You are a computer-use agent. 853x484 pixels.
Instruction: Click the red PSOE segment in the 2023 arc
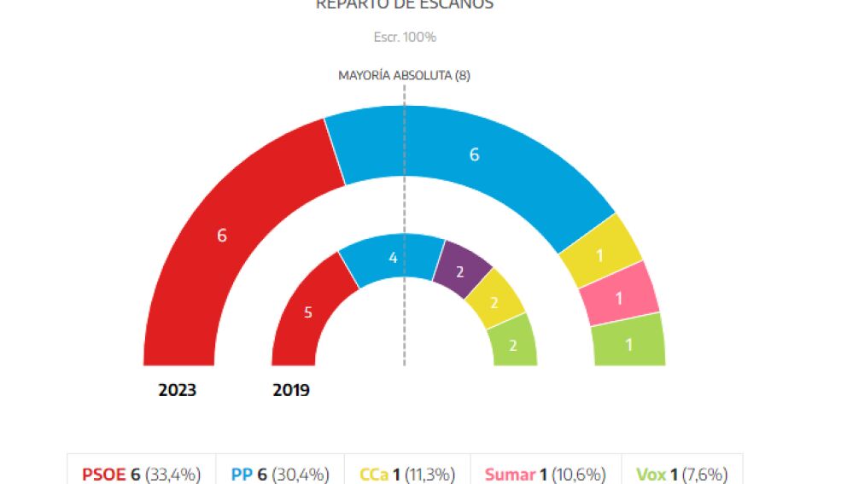pos(222,236)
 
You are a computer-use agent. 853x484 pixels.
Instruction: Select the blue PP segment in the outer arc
pos(475,155)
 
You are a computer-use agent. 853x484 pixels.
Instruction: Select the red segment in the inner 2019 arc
pos(308,312)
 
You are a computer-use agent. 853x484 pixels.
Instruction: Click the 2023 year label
pos(177,391)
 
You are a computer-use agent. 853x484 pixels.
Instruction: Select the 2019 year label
pos(291,391)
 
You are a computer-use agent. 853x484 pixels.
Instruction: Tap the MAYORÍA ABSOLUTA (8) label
pos(404,75)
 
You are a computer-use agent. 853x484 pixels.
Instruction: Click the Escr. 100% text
pos(405,38)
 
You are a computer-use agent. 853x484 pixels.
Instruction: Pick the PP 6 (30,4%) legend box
pos(281,474)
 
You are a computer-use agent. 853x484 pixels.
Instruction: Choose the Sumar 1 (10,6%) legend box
pos(546,474)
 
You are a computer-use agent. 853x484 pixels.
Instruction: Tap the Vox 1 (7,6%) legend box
pos(681,474)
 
